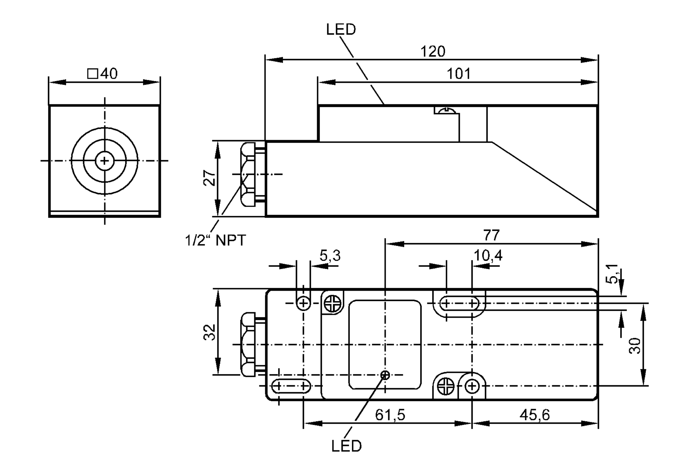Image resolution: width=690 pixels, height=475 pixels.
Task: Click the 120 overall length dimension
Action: click(x=433, y=51)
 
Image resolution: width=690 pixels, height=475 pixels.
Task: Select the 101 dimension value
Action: click(x=459, y=74)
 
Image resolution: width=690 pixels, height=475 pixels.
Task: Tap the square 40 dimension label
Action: click(x=102, y=74)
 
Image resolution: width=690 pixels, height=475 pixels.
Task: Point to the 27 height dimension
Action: click(x=209, y=178)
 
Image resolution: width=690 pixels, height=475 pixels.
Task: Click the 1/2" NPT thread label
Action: click(x=215, y=240)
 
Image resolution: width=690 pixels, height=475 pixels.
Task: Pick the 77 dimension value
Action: click(x=491, y=235)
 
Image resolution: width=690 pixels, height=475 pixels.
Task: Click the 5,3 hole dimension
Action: click(x=330, y=256)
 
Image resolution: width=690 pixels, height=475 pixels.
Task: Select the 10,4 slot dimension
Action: click(x=488, y=255)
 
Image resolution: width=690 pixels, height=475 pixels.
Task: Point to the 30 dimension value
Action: click(x=635, y=346)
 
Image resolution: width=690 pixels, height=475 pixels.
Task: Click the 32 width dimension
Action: click(x=209, y=332)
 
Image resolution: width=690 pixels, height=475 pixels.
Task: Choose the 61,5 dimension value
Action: click(x=390, y=415)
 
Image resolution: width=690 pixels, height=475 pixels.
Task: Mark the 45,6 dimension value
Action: click(x=535, y=415)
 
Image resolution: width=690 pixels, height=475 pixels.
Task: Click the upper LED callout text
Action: click(x=341, y=29)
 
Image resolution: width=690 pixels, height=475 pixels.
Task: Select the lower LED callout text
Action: click(x=346, y=446)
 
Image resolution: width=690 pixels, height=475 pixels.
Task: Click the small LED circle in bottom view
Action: click(x=385, y=375)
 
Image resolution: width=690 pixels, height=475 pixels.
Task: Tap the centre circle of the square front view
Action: click(x=105, y=161)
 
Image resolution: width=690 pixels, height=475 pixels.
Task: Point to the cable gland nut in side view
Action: click(x=248, y=174)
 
